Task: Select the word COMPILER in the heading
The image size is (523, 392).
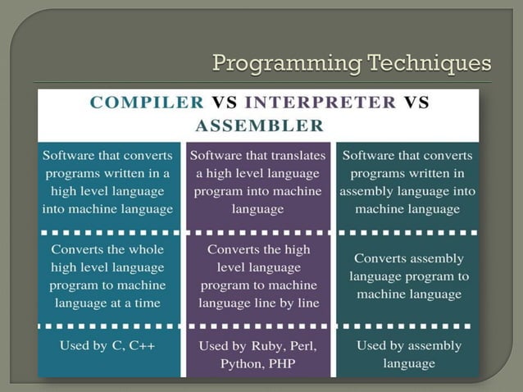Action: click(147, 103)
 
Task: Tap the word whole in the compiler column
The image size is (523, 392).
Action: click(145, 249)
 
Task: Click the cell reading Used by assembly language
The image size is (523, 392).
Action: click(407, 354)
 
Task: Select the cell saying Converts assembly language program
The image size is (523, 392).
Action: click(407, 276)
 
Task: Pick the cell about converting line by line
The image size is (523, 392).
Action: click(257, 276)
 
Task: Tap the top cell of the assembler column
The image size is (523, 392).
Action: click(407, 181)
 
